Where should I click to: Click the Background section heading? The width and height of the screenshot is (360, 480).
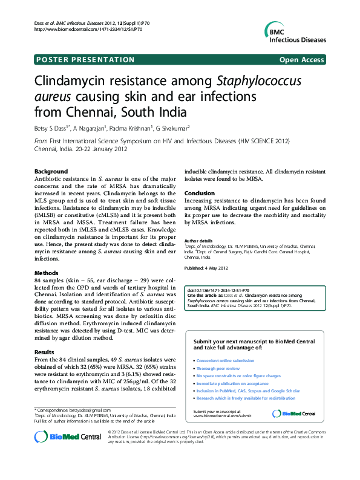pos(51,172)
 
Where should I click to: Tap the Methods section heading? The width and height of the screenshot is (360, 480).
pos(47,273)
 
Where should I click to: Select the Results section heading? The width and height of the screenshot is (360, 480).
pos(44,352)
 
